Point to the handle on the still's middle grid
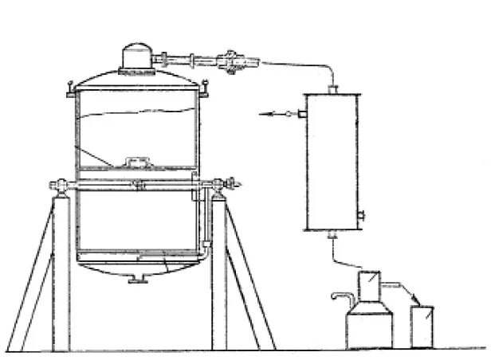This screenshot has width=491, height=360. [140, 162]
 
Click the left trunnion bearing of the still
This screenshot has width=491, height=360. [58, 186]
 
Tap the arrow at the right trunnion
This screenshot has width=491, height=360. [238, 182]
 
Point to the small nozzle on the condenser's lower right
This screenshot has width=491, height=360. [362, 214]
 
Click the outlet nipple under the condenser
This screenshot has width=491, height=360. [332, 234]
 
